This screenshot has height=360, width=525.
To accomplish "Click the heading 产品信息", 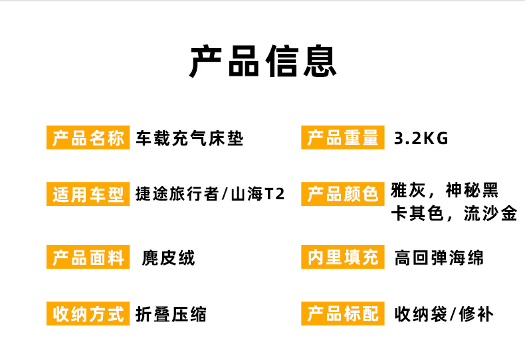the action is point(262,61).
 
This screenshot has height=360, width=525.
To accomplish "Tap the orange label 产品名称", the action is point(88,138).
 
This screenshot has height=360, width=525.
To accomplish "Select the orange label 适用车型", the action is point(88,194).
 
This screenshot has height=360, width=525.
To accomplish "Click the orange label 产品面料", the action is point(88,258).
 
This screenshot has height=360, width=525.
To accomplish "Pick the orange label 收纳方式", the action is point(88,314).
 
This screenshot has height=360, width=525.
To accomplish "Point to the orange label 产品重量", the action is point(343,138).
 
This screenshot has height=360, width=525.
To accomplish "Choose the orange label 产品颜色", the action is point(343,194).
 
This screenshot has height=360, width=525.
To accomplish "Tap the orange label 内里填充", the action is point(343,258).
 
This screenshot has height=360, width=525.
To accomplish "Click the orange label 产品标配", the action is point(343,314).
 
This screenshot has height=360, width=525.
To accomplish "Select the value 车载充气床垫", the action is point(189,139).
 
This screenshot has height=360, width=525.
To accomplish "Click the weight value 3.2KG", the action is point(421,139).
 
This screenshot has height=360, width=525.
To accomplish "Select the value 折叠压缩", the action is point(171,314).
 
